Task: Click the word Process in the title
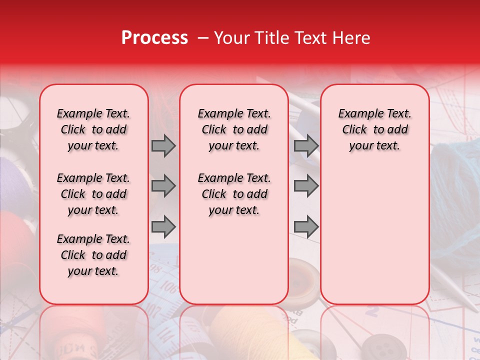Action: point(154,38)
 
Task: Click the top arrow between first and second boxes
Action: point(163,145)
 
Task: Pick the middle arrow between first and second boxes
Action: point(163,186)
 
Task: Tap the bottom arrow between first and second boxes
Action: point(163,227)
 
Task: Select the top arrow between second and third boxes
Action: point(306,145)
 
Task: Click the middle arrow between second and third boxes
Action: point(306,186)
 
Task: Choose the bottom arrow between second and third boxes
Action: point(306,227)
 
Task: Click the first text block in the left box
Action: point(93,129)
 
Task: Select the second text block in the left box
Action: point(93,194)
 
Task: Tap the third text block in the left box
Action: point(93,255)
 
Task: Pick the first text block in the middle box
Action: point(234,129)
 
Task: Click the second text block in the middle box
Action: point(234,194)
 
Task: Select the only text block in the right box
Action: point(374,129)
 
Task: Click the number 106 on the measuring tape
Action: point(169,287)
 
